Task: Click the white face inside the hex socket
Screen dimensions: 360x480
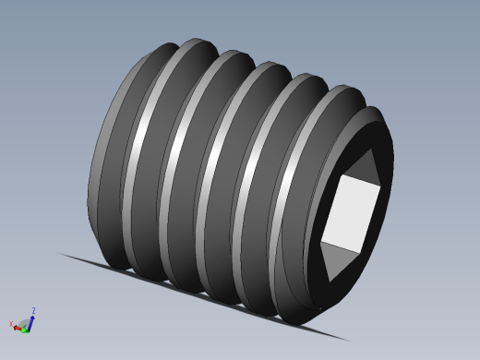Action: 350,213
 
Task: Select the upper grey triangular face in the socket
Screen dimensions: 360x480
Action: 364,166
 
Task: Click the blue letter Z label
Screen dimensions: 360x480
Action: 33,311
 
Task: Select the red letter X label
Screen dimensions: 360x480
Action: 11,323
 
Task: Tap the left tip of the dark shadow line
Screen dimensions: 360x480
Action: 58,253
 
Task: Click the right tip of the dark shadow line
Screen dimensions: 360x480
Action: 352,342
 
